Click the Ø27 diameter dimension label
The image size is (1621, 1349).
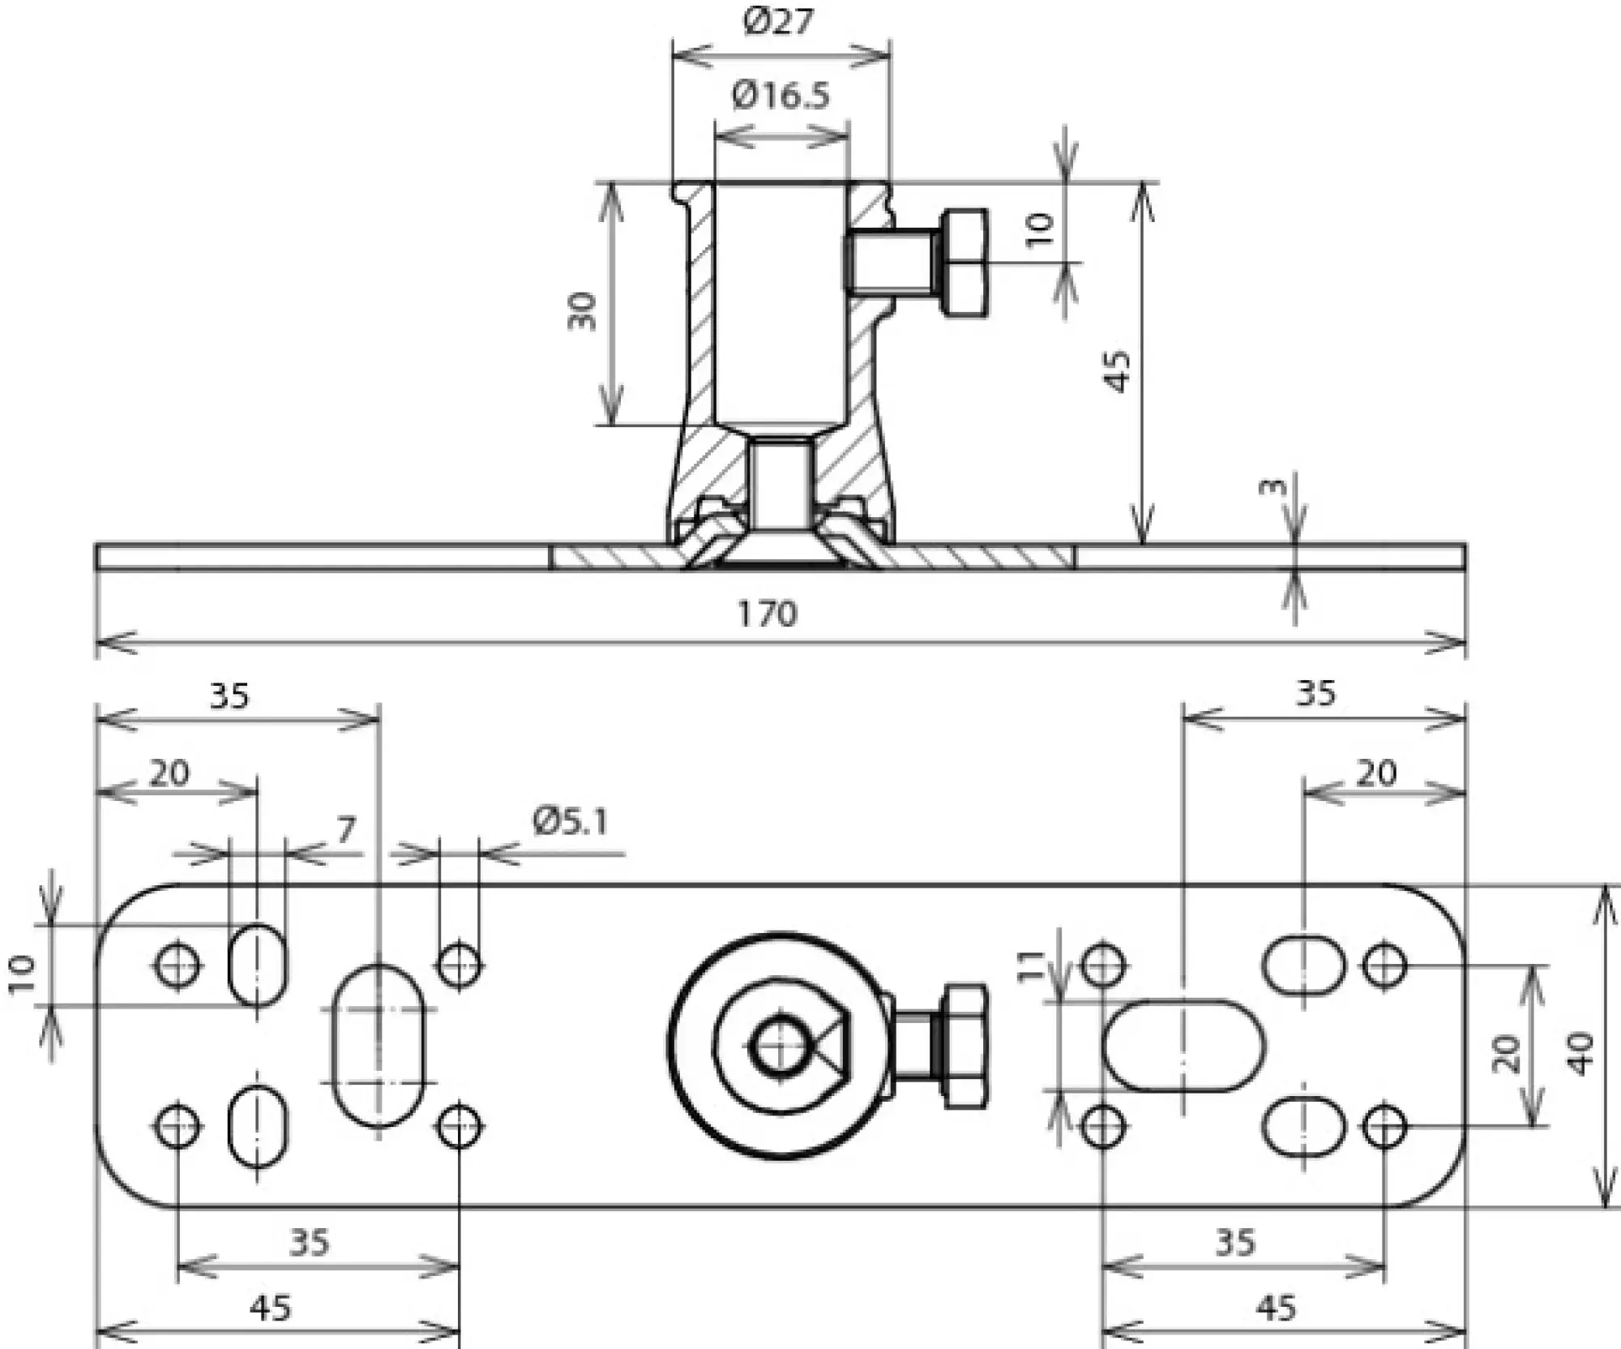pos(777,21)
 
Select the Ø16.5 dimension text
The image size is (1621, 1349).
pos(781,96)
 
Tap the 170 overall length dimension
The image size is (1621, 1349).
pos(766,614)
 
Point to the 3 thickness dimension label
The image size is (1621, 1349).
pos(1273,486)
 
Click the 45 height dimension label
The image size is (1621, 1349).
pos(1118,371)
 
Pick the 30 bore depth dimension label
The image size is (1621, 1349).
pos(581,311)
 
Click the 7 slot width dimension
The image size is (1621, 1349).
pos(346,829)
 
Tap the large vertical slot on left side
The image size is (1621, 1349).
pos(379,1046)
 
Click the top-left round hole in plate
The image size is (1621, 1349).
pos(177,966)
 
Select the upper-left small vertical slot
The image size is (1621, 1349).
pos(258,965)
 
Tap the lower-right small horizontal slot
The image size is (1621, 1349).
pos(1303,1126)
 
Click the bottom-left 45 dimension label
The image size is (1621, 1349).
pos(270,1308)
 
